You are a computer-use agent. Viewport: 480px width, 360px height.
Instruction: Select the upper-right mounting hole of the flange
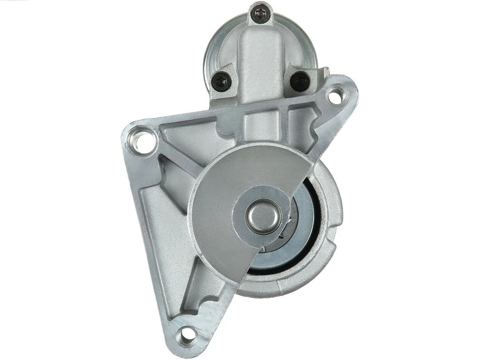[336, 95]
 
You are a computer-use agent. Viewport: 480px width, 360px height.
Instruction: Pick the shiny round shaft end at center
[263, 215]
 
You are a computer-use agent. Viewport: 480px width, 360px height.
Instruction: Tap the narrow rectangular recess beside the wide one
[297, 119]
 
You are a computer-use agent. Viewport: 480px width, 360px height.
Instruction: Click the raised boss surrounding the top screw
[260, 22]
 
